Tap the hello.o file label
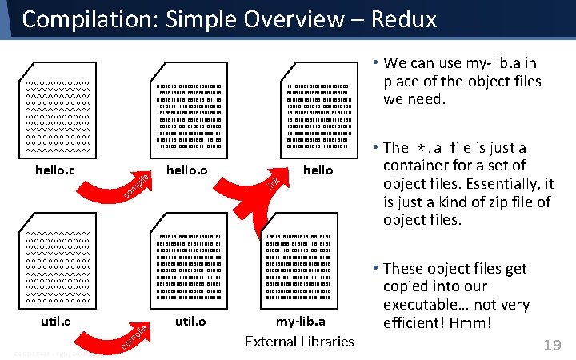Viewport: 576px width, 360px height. pyautogui.click(x=186, y=170)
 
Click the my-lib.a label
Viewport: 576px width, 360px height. pyautogui.click(x=300, y=322)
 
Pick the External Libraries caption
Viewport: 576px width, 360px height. pyautogui.click(x=299, y=342)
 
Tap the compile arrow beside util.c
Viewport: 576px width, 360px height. pyautogui.click(x=132, y=336)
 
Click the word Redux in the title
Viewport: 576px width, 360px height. pyautogui.click(x=404, y=18)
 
